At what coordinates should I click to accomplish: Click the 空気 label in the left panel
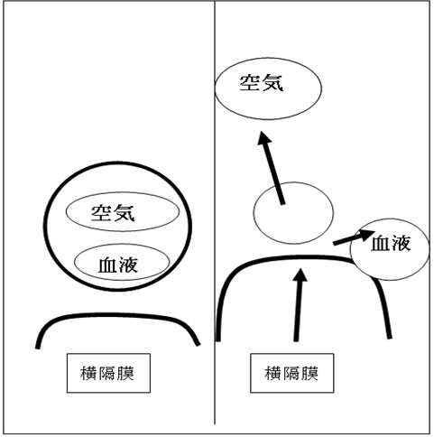[113, 213]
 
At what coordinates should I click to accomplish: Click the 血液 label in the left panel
[118, 265]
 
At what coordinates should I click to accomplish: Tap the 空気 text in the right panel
[262, 83]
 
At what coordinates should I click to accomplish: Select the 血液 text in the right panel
[391, 243]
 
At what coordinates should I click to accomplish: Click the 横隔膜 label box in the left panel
[108, 373]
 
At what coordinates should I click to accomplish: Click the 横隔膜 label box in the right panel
[292, 373]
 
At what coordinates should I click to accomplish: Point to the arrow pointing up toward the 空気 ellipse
[271, 168]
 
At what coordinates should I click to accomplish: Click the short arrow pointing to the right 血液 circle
[354, 237]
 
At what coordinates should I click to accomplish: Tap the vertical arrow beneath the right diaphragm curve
[298, 305]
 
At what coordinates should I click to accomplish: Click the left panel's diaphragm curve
[117, 315]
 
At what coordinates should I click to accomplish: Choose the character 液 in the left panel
[129, 265]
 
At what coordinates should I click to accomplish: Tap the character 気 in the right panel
[272, 83]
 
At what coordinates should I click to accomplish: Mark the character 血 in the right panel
[381, 244]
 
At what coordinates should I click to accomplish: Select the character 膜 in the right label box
[309, 373]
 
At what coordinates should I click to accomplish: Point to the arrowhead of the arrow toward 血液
[367, 234]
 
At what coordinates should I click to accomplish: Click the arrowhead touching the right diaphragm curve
[300, 274]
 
